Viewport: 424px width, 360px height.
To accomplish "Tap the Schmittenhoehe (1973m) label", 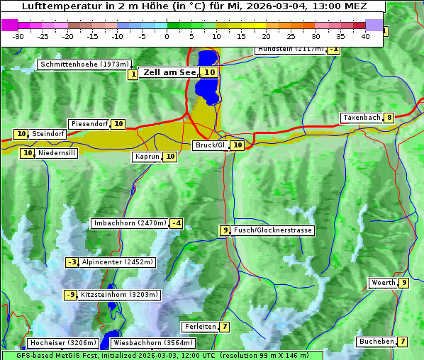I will (x=85, y=64).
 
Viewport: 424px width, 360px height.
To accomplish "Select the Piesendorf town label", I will (x=89, y=124).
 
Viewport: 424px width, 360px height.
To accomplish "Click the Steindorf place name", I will (x=48, y=134).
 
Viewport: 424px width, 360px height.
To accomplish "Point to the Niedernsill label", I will (x=57, y=152).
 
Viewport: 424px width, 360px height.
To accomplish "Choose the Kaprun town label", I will (x=147, y=157).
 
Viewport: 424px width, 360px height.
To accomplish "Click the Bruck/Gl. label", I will (x=211, y=145).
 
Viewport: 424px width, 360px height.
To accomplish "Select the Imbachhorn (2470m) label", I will (x=130, y=223).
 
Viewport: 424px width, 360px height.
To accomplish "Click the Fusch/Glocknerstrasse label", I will (x=272, y=230).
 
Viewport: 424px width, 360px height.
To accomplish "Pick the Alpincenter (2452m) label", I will (x=117, y=262).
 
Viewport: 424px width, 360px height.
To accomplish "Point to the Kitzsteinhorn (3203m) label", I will (x=120, y=295).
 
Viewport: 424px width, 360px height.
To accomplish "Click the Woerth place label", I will (x=384, y=283).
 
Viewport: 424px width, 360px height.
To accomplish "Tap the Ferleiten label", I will (x=199, y=327).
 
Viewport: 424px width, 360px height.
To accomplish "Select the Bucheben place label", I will (x=376, y=342).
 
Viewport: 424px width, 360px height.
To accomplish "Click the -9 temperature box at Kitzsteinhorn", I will (x=70, y=295).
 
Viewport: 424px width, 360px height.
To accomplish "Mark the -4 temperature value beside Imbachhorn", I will (x=177, y=223).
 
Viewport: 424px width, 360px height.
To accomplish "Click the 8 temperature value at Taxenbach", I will (x=389, y=118).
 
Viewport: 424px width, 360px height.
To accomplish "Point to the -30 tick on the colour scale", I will (x=18, y=36).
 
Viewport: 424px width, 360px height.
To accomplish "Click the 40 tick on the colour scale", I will (x=365, y=36).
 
